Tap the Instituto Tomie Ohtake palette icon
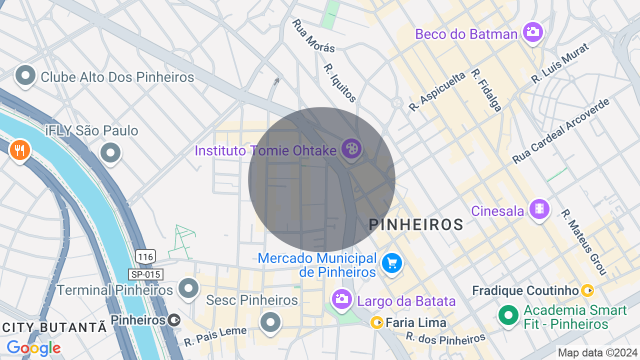click(352, 148)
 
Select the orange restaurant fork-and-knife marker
click(19, 149)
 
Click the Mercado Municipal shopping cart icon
click(391, 262)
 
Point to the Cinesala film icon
click(539, 208)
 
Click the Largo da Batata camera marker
click(341, 299)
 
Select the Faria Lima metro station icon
click(376, 322)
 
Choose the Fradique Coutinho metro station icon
click(587, 290)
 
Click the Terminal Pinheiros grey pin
click(188, 288)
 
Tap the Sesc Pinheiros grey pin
click(270, 321)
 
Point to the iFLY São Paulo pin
click(110, 152)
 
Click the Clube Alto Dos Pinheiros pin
click(25, 76)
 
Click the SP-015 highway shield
click(145, 274)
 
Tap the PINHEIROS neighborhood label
click(416, 225)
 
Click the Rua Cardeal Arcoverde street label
click(561, 131)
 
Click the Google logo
click(33, 347)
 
